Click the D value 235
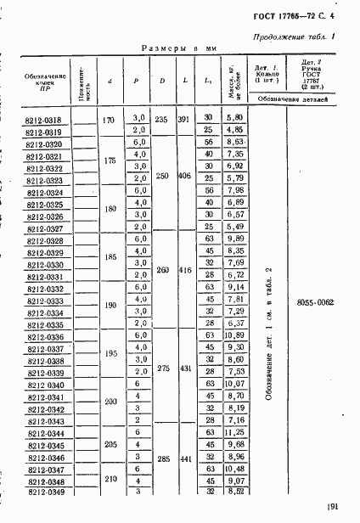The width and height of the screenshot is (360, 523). pyautogui.click(x=160, y=120)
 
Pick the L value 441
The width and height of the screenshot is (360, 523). pyautogui.click(x=185, y=458)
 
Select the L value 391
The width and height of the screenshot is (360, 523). pyautogui.click(x=185, y=120)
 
